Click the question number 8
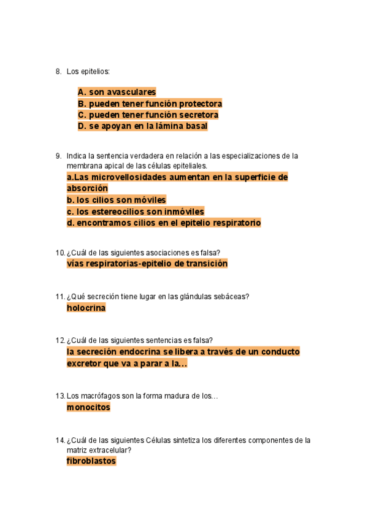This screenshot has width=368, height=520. click(x=58, y=72)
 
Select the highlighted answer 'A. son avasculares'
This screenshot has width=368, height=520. click(x=117, y=92)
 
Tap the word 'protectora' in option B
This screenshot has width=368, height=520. click(x=199, y=104)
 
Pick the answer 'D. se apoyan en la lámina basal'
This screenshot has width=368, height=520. click(x=142, y=126)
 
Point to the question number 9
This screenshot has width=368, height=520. click(x=58, y=156)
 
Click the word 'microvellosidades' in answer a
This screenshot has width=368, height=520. click(x=128, y=177)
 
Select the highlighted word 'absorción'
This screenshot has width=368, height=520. click(x=87, y=188)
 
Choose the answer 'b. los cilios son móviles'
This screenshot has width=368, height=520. click(x=116, y=200)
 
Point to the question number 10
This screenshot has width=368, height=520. click(x=59, y=252)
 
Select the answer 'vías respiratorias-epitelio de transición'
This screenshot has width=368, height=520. click(x=147, y=264)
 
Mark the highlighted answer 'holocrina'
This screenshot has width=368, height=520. click(x=86, y=308)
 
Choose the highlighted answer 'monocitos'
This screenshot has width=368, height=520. click(x=88, y=407)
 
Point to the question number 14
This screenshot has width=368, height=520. click(x=59, y=440)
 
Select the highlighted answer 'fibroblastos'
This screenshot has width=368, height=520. click(x=91, y=461)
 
